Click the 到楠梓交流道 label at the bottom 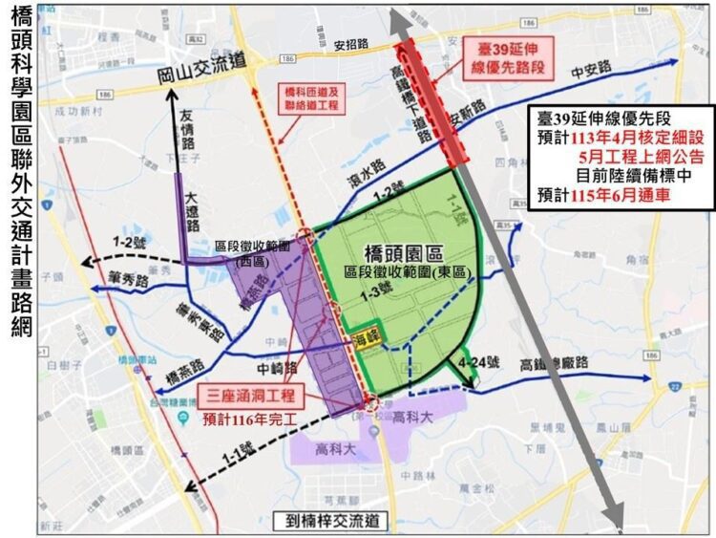tap(331, 522)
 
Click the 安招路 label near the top tap(351, 45)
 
